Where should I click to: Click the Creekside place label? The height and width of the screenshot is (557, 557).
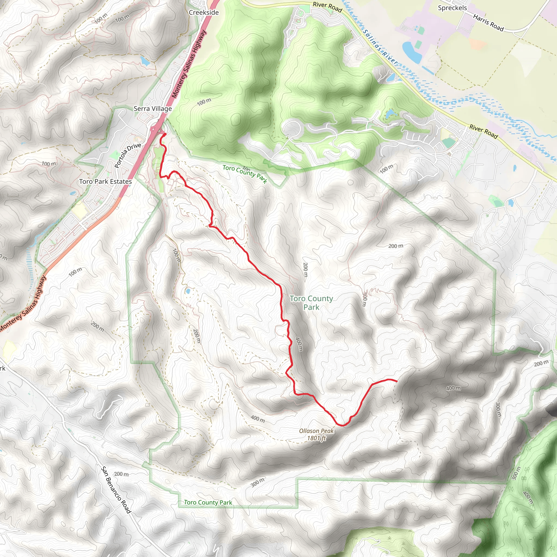point(203,13)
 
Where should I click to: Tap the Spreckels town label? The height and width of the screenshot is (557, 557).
point(452,8)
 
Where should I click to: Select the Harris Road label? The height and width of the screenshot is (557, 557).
point(488,23)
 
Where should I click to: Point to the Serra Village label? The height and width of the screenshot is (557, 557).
point(153,109)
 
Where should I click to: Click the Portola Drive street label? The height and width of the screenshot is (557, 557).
point(128,155)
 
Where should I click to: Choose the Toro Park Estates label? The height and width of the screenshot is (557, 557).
point(106,182)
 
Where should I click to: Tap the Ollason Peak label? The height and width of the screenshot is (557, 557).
point(316,431)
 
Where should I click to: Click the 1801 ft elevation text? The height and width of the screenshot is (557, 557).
point(316,438)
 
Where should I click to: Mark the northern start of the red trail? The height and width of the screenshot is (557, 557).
point(165,134)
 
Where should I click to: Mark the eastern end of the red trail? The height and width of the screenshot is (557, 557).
point(397,381)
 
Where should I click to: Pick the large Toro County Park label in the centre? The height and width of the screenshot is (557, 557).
point(311,303)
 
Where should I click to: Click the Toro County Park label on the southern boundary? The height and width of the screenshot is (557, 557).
point(208,503)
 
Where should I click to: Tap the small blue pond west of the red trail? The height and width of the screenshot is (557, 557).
point(188,291)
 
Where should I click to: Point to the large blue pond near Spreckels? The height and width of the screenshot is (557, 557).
point(412,52)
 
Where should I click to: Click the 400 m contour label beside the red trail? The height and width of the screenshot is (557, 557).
point(299,344)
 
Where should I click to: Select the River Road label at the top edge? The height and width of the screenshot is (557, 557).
point(327,7)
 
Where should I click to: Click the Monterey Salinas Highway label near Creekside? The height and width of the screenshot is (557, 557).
point(189,64)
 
